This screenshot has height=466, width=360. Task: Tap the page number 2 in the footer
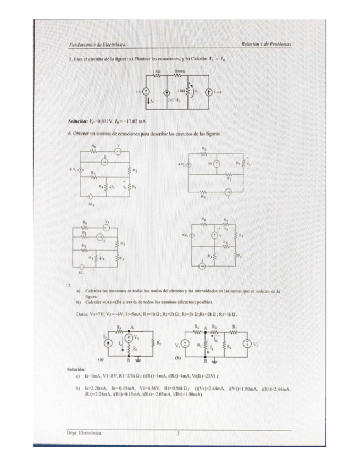[178, 433]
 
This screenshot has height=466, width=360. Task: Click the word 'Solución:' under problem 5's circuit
[78, 120]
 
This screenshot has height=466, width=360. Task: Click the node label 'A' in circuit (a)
[132, 326]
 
